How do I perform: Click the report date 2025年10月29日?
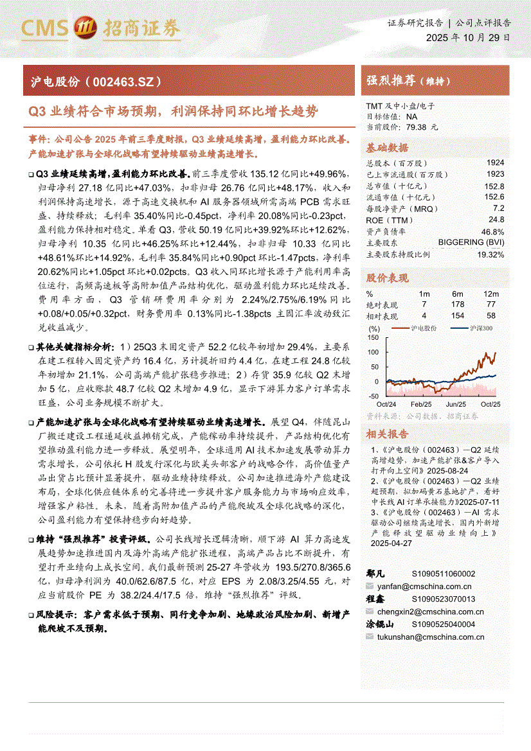[x=469, y=38]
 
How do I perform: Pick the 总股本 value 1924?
[x=495, y=163]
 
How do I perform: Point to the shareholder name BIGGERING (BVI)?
[x=471, y=242]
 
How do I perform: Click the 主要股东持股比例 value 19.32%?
[x=491, y=254]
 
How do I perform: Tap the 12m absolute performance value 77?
[x=491, y=304]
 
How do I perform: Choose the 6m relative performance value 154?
[x=457, y=315]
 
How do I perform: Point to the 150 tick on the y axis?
[x=373, y=337]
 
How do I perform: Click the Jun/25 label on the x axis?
[x=456, y=404]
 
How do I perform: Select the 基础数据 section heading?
[x=387, y=146]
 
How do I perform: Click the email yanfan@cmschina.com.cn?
[x=425, y=587]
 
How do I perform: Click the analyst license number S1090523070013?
[x=443, y=599]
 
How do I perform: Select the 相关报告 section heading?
[x=387, y=434]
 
